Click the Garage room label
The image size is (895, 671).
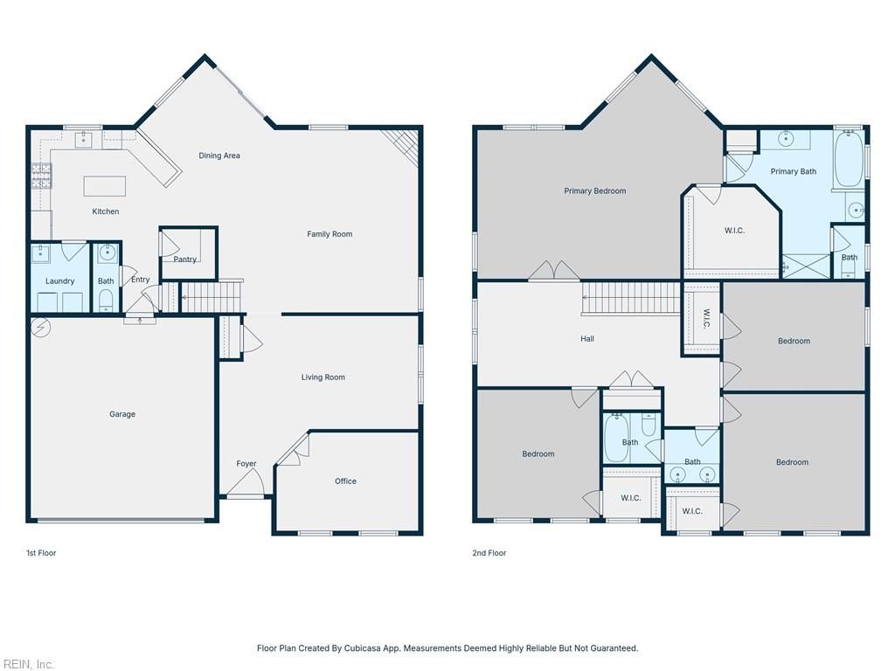click(x=122, y=414)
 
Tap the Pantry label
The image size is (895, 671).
click(x=185, y=259)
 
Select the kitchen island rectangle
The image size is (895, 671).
click(x=104, y=186)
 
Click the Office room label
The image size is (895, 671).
click(x=345, y=481)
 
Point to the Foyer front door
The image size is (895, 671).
click(x=246, y=483)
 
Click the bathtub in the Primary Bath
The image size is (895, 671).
click(x=848, y=159)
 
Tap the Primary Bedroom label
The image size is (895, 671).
click(x=594, y=191)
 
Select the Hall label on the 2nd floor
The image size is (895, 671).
click(x=587, y=339)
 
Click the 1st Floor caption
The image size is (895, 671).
click(x=41, y=553)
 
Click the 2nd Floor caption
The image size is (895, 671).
click(x=490, y=553)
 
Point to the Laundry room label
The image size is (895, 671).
click(x=60, y=281)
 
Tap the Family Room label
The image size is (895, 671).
click(x=330, y=234)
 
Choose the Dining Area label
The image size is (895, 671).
click(x=219, y=156)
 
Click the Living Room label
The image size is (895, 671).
click(x=323, y=377)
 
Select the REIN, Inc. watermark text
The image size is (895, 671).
click(x=28, y=665)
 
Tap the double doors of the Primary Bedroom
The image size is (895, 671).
click(x=554, y=271)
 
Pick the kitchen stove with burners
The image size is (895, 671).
click(x=40, y=176)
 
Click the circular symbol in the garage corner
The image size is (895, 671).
click(x=40, y=328)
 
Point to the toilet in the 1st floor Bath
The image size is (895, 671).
click(x=106, y=301)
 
